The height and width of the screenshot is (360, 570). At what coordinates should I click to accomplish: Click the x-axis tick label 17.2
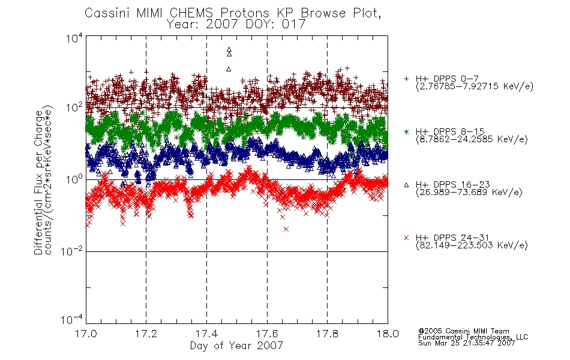click(146, 334)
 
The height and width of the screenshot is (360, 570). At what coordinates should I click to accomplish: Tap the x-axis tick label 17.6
click(267, 334)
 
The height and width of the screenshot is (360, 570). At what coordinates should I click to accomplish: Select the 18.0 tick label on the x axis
click(388, 334)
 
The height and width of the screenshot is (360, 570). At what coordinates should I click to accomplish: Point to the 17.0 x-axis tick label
click(86, 334)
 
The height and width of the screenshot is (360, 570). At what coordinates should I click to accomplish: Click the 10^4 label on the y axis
click(74, 38)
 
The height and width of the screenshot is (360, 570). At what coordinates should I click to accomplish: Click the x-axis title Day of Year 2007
click(236, 346)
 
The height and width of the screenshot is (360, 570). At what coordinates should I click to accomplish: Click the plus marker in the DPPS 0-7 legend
click(406, 79)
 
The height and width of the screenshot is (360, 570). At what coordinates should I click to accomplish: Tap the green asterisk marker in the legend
click(406, 131)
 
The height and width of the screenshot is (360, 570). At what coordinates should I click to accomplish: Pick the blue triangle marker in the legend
click(406, 185)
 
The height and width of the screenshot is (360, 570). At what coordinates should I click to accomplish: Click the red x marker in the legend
click(406, 238)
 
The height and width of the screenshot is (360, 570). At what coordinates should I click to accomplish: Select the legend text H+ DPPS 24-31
click(452, 238)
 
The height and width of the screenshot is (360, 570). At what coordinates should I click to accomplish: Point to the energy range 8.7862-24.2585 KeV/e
click(472, 139)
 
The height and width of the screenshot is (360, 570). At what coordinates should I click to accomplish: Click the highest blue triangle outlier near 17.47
click(229, 49)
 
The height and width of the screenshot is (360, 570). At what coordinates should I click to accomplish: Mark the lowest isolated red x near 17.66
click(286, 229)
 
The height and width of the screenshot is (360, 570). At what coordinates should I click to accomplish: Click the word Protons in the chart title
click(245, 13)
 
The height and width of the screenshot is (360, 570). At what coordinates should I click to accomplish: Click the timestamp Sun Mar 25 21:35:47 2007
click(466, 343)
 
